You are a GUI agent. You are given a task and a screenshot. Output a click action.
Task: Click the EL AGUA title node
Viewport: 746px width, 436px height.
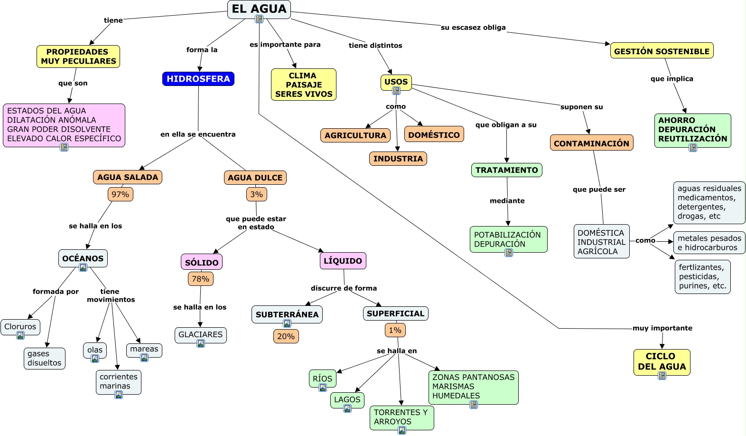tap(259, 9)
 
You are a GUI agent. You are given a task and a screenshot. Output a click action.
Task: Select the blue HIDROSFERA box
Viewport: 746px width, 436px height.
tap(198, 79)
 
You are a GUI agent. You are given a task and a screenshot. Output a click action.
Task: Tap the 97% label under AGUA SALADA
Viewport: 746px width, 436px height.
tap(121, 194)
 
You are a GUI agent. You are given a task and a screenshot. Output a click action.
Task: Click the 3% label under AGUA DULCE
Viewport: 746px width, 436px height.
tap(257, 194)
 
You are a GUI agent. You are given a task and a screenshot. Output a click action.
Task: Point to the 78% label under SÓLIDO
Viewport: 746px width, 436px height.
tap(201, 279)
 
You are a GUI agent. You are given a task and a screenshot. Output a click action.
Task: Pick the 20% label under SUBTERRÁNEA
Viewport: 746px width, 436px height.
tap(286, 336)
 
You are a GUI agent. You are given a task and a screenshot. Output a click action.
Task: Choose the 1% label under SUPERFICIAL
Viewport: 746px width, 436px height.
tap(395, 330)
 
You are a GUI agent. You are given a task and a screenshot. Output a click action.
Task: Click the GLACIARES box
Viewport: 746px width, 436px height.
tap(200, 334)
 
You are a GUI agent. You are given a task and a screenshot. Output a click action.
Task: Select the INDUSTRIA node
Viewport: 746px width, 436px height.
tap(398, 159)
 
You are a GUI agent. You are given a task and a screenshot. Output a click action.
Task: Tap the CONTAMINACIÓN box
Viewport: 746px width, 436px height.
tap(591, 143)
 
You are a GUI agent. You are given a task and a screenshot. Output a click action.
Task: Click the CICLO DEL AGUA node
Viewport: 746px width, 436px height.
tap(662, 361)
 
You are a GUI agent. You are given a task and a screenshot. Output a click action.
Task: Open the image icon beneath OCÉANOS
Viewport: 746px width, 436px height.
tap(83, 267)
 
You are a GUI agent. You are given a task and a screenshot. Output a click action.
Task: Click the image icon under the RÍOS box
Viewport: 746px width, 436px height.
tap(323, 388)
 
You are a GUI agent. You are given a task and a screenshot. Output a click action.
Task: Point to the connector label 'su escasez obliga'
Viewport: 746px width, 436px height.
tap(473, 28)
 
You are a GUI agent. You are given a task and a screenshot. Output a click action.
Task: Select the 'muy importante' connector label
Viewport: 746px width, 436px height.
tap(662, 328)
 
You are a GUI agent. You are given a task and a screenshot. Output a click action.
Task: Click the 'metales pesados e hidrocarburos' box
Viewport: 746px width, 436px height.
tap(709, 243)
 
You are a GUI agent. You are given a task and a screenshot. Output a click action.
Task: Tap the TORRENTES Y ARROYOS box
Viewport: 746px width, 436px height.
tap(401, 417)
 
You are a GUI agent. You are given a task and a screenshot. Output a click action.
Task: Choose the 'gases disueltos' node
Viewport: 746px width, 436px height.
tap(45, 358)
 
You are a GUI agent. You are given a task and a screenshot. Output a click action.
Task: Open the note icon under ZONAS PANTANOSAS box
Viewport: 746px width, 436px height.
tap(474, 405)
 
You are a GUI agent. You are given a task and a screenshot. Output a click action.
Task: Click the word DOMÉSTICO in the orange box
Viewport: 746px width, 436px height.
tap(434, 135)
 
